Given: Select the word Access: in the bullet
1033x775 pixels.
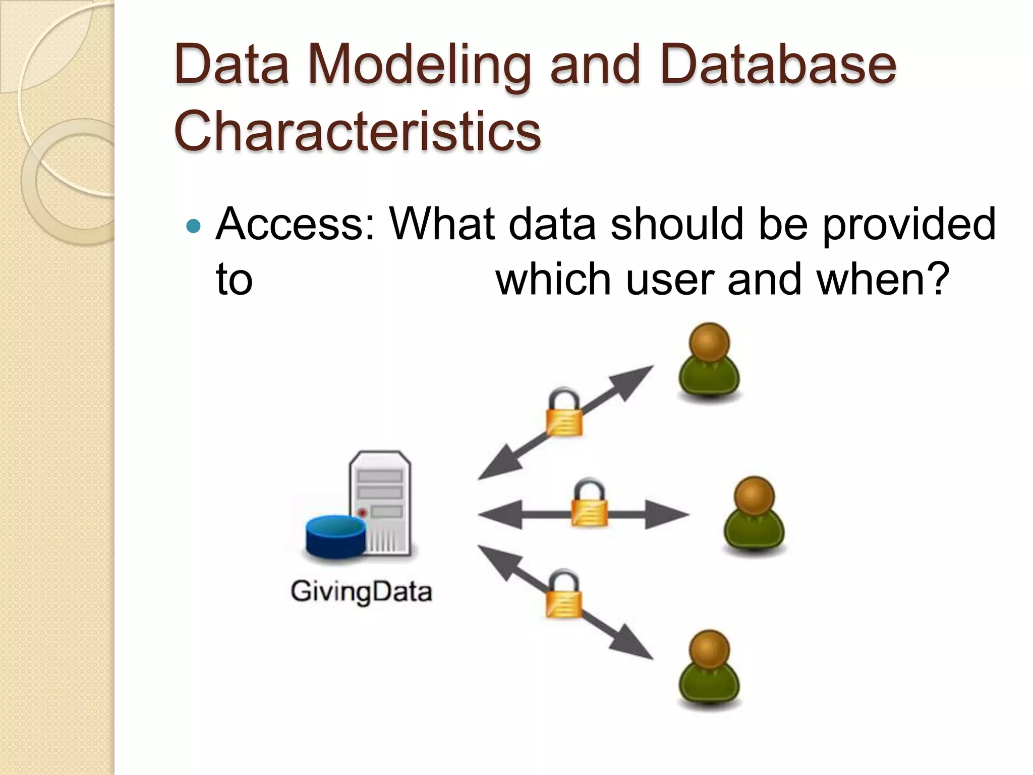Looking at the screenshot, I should point(295,225).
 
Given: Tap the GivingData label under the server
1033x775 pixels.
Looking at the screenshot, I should point(361,591).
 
